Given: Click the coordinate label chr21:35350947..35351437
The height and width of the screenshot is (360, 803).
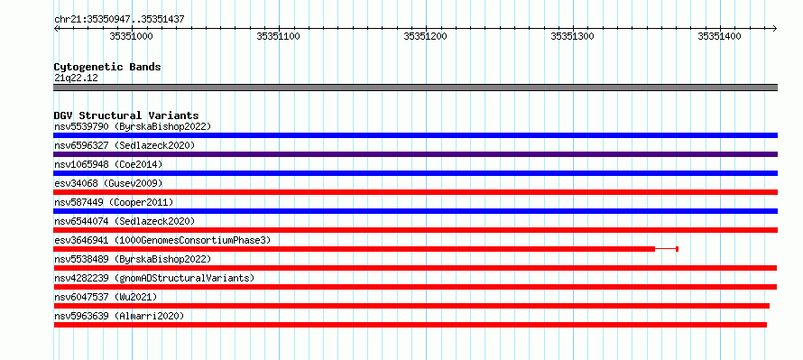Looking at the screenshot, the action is tap(119, 20).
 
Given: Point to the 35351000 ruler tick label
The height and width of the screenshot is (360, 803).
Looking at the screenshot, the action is tap(131, 36).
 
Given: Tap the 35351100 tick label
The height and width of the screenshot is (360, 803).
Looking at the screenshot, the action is tap(278, 36).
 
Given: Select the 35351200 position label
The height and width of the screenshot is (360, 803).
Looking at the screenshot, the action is tap(425, 36).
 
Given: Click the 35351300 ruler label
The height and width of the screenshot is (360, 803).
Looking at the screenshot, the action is tap(572, 36).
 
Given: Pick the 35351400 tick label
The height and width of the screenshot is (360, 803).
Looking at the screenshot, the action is tap(719, 36).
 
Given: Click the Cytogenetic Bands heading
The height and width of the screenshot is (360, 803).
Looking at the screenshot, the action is tap(107, 67).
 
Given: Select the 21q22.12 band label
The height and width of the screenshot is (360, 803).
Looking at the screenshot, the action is tap(76, 78).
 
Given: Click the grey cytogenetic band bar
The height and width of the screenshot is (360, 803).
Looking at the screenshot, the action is tap(415, 88).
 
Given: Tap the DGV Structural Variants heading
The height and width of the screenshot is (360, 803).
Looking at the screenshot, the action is tap(126, 115).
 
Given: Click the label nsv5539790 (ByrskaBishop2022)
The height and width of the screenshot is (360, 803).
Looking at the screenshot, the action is tap(133, 126).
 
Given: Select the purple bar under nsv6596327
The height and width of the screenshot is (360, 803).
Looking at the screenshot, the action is tap(415, 154).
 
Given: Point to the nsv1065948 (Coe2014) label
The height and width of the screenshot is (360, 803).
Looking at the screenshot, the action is tap(108, 164).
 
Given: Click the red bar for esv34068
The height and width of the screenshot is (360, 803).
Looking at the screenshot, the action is tap(415, 192).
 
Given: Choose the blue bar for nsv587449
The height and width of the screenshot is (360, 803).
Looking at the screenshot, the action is tap(415, 211).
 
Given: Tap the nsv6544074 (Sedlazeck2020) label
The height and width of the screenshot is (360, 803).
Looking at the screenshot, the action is tap(125, 221).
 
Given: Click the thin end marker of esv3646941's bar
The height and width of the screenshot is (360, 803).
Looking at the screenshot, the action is tap(677, 249).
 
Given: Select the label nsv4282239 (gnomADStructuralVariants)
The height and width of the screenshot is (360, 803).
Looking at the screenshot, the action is tap(154, 278).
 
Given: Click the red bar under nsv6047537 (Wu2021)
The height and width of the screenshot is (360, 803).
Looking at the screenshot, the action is tap(411, 306).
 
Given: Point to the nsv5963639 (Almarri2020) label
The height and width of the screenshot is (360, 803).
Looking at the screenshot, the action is tap(119, 316).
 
